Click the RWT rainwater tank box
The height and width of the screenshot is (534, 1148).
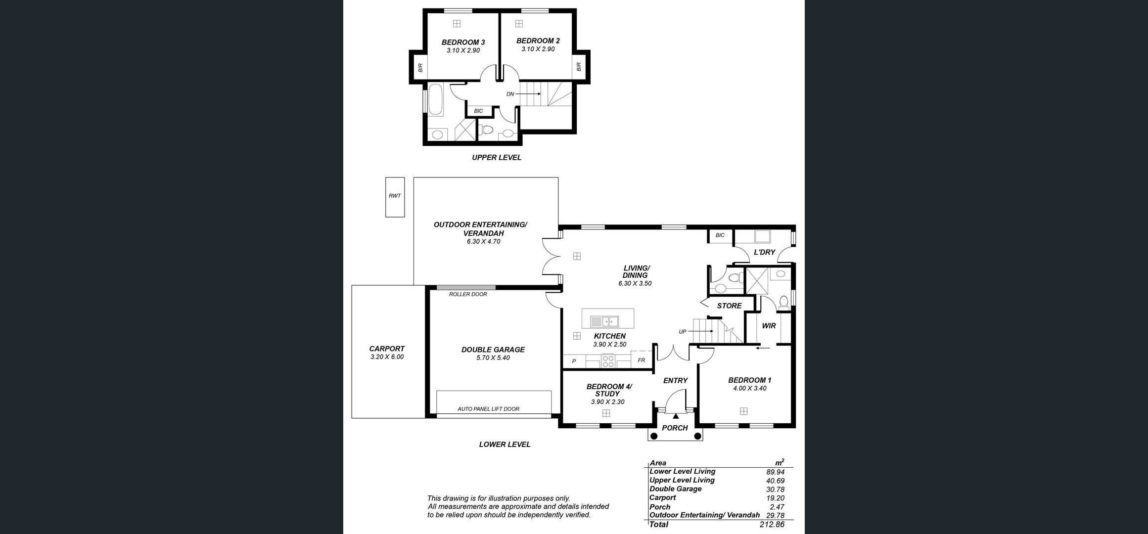click(395, 197)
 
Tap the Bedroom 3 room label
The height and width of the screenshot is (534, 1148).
click(463, 43)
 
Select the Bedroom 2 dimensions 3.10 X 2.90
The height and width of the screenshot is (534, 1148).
click(538, 49)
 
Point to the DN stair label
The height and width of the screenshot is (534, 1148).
click(510, 94)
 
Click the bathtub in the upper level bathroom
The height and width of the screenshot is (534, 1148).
click(435, 100)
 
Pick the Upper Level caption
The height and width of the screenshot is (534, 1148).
click(496, 158)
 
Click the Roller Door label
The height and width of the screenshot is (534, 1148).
click(468, 294)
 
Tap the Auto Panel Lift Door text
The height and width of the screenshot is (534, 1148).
click(488, 409)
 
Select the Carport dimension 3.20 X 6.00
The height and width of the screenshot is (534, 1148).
click(387, 357)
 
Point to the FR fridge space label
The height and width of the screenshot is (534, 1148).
click(641, 360)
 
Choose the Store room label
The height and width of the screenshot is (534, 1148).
click(729, 306)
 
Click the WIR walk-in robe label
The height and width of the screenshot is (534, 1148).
click(769, 326)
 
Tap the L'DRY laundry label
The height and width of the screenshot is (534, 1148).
click(764, 252)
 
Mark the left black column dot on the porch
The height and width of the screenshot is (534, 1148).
click(654, 436)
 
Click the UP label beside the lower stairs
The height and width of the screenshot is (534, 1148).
click(683, 332)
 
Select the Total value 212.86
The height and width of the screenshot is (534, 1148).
click(772, 525)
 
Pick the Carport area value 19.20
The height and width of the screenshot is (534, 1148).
click(775, 498)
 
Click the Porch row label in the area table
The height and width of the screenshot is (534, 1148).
click(660, 507)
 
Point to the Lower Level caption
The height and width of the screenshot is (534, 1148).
click(505, 445)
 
